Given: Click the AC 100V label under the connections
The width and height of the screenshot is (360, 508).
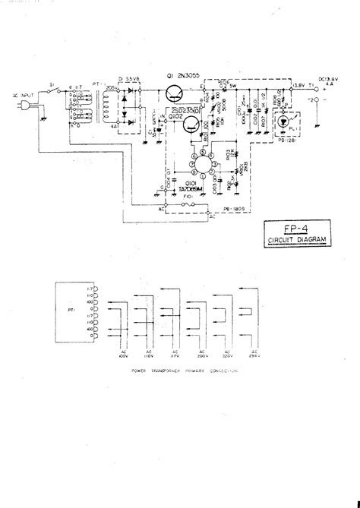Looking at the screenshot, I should click(122, 352).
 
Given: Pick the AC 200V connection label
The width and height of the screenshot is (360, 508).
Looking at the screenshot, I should click(201, 352).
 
